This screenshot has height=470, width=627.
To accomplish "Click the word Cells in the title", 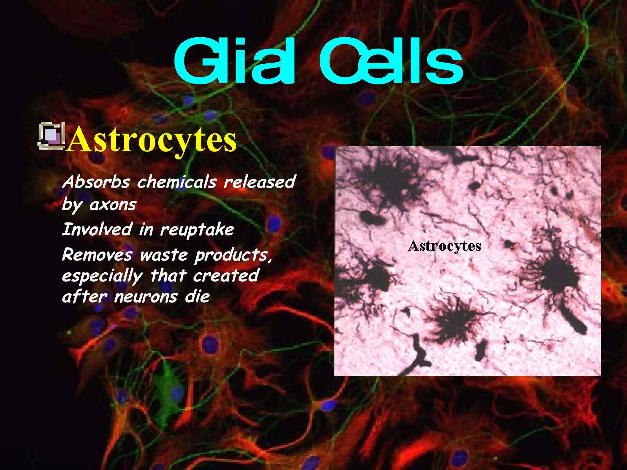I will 392,61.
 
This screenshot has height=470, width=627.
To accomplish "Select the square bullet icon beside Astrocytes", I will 51,136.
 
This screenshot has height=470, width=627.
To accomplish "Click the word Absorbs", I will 96,182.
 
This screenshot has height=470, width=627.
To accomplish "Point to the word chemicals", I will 177,182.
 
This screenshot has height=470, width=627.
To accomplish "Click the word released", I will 260,182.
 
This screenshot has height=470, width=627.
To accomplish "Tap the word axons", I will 113,204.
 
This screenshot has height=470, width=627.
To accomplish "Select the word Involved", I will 97,229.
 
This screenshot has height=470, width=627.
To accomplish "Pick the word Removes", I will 97,255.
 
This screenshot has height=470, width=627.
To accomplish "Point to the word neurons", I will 146,297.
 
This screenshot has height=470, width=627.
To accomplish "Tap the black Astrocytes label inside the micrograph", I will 445,246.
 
